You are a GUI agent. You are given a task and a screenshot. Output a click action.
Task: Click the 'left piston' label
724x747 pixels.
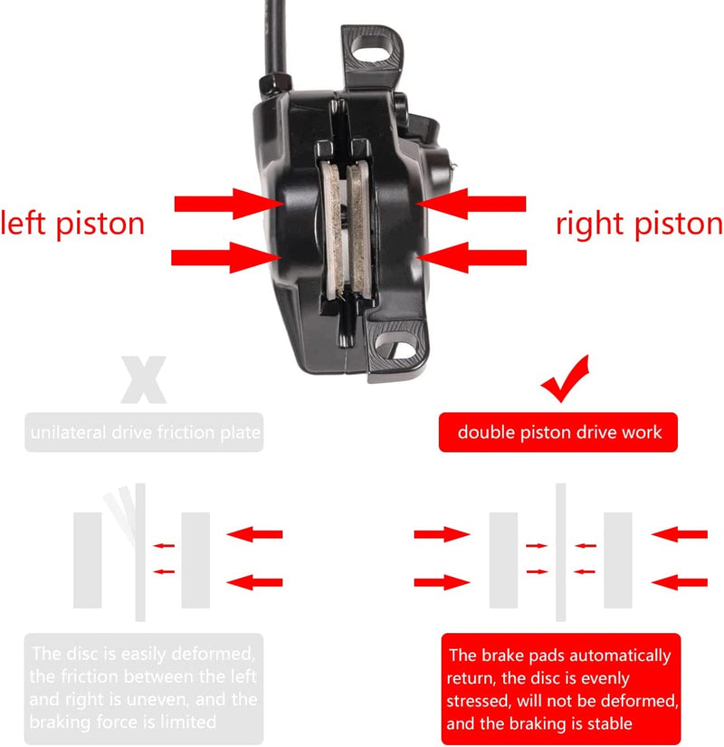tap(72, 223)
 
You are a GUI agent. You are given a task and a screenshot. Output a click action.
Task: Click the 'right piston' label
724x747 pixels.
tap(639, 224)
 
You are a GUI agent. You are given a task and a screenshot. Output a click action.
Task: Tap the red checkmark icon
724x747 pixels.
tap(565, 380)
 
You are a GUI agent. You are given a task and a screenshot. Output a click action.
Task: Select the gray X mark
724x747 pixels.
tap(143, 380)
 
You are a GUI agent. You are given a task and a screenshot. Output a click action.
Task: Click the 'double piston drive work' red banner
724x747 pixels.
tap(559, 433)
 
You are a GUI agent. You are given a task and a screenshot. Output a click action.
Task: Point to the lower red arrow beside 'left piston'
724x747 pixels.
tap(222, 257)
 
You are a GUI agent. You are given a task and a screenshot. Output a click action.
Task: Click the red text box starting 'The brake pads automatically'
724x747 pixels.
tap(559, 688)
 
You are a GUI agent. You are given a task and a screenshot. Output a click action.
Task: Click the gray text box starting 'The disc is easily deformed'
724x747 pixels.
tap(144, 688)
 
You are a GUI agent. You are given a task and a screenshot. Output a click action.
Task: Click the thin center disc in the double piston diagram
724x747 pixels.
tap(560, 552)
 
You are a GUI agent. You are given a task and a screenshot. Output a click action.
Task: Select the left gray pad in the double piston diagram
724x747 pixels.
tap(503, 559)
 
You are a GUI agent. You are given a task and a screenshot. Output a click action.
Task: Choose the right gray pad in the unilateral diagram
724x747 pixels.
tap(195, 559)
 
